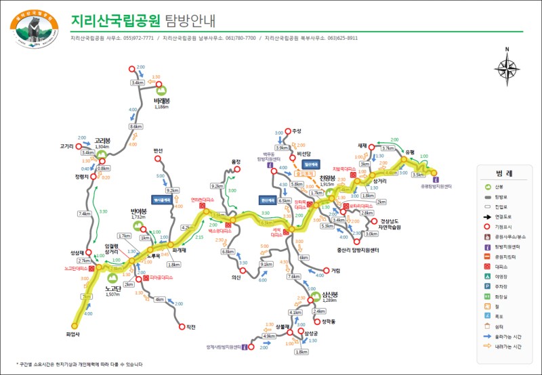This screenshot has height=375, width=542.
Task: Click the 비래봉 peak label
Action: [x=162, y=101]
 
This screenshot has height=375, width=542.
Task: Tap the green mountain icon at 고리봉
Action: [x=102, y=154]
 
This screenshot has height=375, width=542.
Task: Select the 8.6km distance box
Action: [x=135, y=127]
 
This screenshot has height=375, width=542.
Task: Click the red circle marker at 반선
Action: [x=158, y=160]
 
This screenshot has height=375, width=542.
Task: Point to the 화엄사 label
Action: [x=73, y=332]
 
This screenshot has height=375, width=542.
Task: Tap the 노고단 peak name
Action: [x=112, y=288]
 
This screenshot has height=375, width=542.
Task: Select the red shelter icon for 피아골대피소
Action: [x=142, y=277]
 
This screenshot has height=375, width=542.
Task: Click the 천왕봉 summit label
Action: [x=328, y=178]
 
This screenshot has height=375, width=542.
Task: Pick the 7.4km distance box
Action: [x=84, y=214]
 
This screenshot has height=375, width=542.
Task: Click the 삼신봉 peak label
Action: [x=330, y=294]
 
